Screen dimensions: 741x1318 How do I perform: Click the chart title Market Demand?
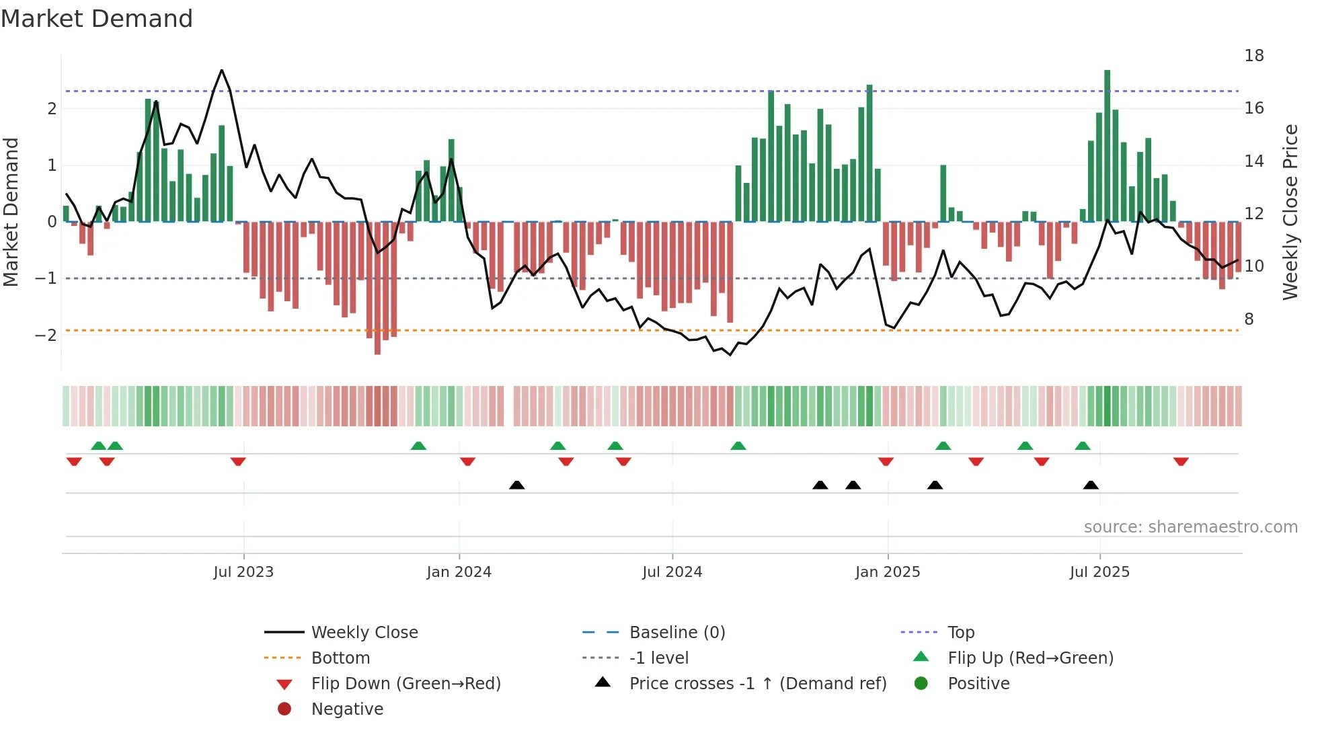(97, 19)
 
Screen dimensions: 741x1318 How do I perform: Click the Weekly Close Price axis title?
(1290, 212)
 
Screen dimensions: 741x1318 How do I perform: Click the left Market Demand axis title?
(11, 212)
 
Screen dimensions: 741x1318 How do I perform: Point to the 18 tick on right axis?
(1253, 56)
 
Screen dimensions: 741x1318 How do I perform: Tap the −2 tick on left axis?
(46, 335)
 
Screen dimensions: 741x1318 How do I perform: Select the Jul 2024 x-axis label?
(672, 572)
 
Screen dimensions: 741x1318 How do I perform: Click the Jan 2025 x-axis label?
(887, 572)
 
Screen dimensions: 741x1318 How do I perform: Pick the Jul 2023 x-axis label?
(243, 572)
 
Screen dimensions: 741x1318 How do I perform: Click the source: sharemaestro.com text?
(1190, 527)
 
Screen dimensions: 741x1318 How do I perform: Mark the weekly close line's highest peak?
(222, 71)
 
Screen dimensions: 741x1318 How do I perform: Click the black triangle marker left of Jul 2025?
(1091, 485)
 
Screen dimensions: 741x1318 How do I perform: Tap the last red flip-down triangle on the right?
(1181, 461)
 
